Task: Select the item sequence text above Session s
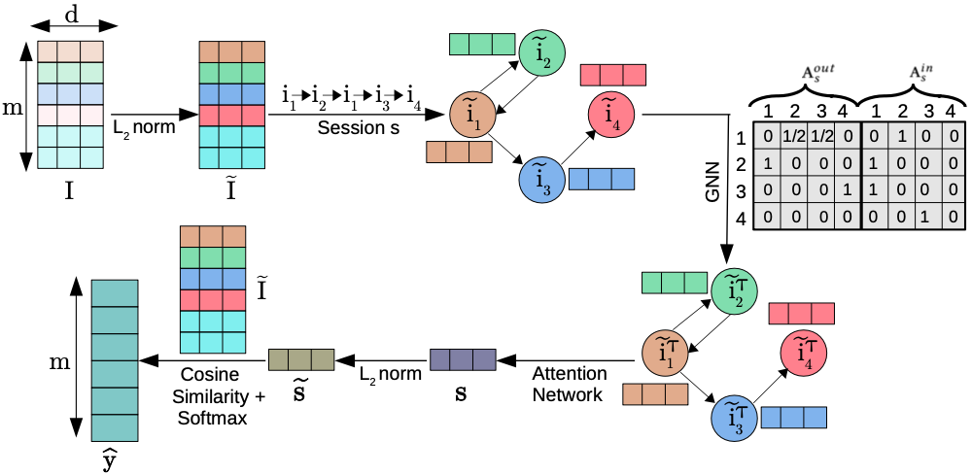coord(352,96)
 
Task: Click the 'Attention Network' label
coord(570,385)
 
